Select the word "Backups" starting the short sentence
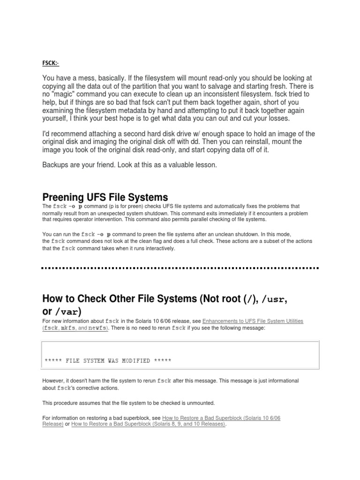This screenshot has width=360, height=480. click(x=56, y=165)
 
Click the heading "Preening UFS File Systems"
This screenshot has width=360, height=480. click(x=105, y=197)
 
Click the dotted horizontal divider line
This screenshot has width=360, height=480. click(x=180, y=268)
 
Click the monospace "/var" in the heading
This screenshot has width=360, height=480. click(x=67, y=312)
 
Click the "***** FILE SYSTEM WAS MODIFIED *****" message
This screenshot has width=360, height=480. click(x=108, y=361)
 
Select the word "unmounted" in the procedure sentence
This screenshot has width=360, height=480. click(x=202, y=403)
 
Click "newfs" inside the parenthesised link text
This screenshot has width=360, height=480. click(x=97, y=329)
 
